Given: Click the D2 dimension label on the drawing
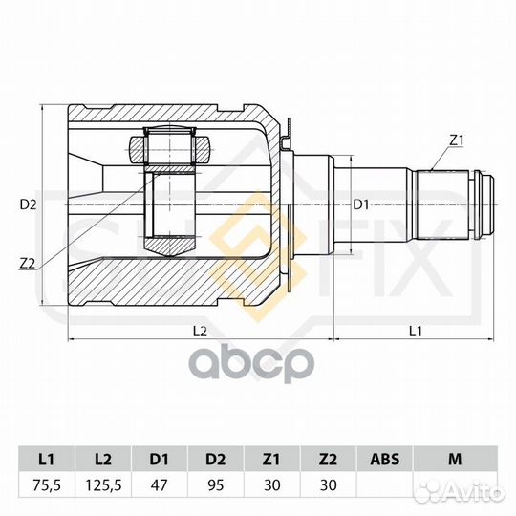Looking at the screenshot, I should point(28,204).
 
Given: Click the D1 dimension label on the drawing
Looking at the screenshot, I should point(360,204).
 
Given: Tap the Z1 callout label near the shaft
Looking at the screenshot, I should point(456,140).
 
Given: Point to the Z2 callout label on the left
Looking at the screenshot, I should point(28,263).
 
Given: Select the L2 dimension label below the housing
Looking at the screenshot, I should point(200,331).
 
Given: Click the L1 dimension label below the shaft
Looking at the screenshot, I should point(415,331).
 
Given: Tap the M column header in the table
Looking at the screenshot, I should point(453,460).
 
